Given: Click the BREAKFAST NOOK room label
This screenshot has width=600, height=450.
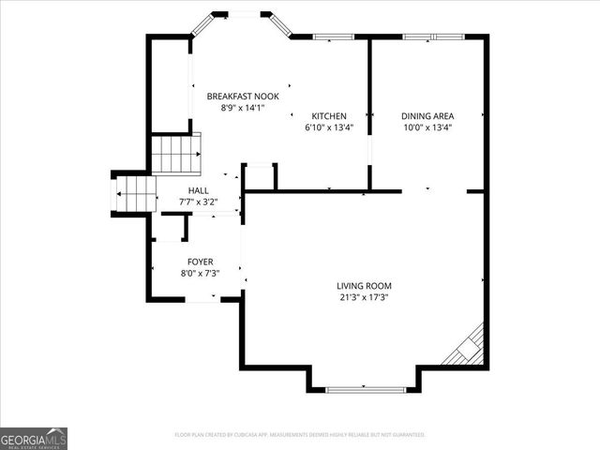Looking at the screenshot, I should (x=243, y=96).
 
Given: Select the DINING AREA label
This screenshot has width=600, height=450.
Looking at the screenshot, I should (x=427, y=115).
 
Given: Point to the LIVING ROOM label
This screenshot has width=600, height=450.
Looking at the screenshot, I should (x=365, y=286).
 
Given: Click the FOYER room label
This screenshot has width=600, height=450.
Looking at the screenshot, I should (x=200, y=262).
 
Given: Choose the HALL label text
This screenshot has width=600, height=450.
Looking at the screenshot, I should (x=198, y=190).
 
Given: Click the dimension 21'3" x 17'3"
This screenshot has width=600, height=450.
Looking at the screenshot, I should (x=365, y=297).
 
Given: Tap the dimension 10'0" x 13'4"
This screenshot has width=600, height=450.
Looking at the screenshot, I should (x=427, y=127).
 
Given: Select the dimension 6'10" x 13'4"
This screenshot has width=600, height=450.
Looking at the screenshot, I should (x=329, y=127).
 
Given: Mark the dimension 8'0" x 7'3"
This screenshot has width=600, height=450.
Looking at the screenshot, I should (x=200, y=274).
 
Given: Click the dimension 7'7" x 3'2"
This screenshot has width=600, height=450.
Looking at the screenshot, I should (x=198, y=202).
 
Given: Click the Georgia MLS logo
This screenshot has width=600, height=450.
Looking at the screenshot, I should (x=34, y=438).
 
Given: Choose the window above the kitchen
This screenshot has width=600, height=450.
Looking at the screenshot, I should (x=328, y=37).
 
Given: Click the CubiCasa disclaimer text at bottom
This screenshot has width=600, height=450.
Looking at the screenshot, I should (x=300, y=435).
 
